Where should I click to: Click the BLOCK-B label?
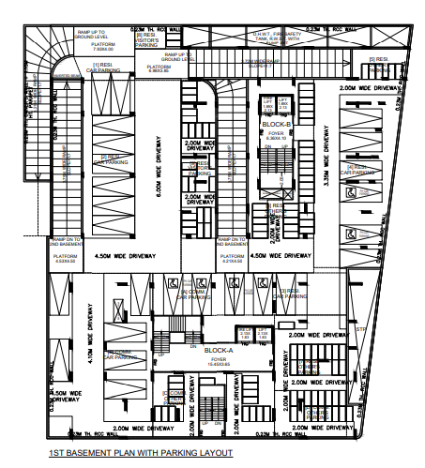pyautogui.click(x=278, y=124)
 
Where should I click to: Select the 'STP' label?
pyautogui.click(x=357, y=330)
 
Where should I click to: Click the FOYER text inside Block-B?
pyautogui.click(x=277, y=133)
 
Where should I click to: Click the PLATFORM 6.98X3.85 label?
pyautogui.click(x=159, y=68)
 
